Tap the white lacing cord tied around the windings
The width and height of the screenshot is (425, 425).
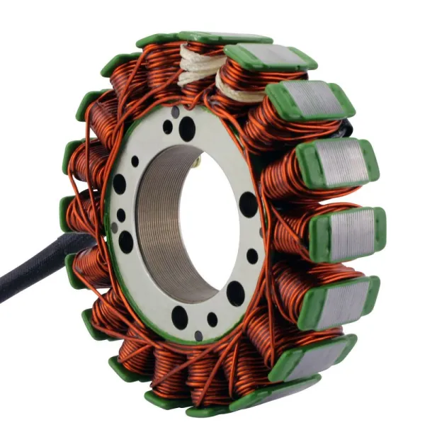(199, 68)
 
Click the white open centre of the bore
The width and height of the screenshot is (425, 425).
(212, 220)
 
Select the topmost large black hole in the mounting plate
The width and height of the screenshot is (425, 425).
(187, 128)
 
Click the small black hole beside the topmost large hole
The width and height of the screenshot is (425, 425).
(168, 127)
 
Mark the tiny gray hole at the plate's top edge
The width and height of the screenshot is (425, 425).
(176, 112)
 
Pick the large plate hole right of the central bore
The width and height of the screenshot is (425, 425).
(249, 205)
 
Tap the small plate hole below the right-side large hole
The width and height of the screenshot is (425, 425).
(252, 256)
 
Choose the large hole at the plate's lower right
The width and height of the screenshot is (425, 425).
(236, 293)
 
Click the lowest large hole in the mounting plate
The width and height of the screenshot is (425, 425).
(180, 317)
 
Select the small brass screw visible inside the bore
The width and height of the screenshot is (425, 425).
(198, 162)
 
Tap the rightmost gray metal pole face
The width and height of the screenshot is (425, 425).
(351, 234)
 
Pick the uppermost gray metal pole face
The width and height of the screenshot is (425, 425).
(268, 56)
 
